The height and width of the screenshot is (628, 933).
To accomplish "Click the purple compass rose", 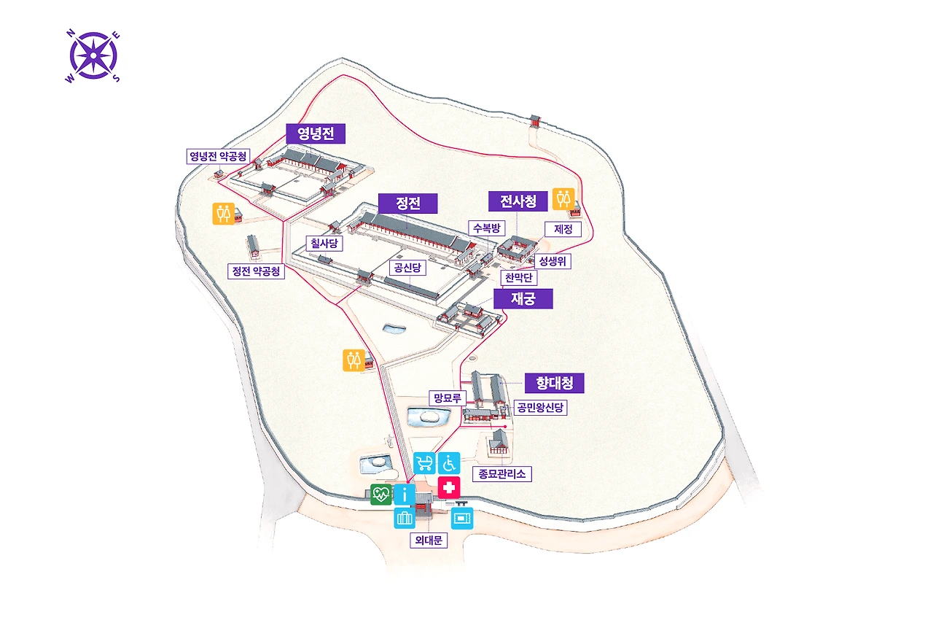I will [x=94, y=55].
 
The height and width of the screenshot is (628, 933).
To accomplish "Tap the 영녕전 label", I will [x=315, y=133].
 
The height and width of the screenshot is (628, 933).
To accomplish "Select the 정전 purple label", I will [x=407, y=203].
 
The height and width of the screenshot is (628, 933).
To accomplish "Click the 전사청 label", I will [x=518, y=201].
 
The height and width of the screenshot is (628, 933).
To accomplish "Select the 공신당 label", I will [x=407, y=268].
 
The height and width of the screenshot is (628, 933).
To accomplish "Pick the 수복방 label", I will [x=487, y=228].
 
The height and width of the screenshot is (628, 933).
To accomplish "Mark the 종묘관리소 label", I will [x=501, y=473].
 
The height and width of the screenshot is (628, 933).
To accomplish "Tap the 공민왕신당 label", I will [x=540, y=408].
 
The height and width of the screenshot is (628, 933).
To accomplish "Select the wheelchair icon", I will [x=449, y=462].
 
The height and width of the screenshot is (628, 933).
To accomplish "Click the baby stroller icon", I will [x=424, y=462].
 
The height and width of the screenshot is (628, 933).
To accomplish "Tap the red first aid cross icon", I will [x=449, y=488].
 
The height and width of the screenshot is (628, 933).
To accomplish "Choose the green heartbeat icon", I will [x=380, y=495].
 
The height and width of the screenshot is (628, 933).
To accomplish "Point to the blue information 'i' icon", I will [x=404, y=495].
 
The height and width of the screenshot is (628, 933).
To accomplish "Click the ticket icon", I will [x=462, y=519].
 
